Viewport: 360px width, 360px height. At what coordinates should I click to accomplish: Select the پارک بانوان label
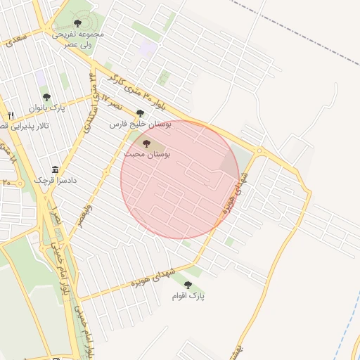(x=46, y=108)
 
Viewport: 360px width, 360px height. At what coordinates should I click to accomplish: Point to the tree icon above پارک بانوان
(x=46, y=98)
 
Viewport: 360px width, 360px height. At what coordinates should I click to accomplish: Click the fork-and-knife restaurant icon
(x=11, y=115)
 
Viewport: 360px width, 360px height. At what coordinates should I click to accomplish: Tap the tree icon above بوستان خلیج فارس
(x=140, y=112)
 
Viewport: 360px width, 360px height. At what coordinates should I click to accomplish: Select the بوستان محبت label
(x=147, y=153)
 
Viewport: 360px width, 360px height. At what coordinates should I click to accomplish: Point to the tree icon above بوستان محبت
(x=147, y=143)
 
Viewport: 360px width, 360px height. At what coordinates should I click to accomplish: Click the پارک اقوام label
(x=188, y=296)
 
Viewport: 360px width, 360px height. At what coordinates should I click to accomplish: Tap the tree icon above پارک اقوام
(x=188, y=285)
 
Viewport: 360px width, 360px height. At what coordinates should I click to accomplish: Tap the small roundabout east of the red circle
(x=259, y=150)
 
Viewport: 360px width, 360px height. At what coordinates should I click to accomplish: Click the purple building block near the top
(x=148, y=49)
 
